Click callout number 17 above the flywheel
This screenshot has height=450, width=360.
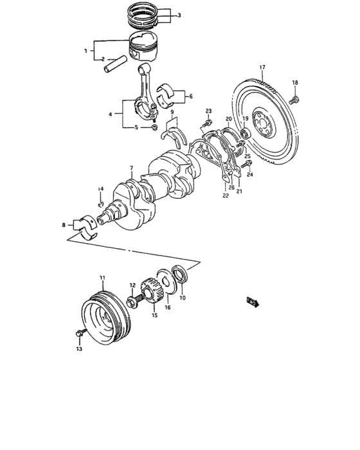(262, 67)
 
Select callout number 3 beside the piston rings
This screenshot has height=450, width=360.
(179, 15)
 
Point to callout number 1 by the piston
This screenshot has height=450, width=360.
(84, 50)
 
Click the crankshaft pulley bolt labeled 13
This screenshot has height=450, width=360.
(80, 334)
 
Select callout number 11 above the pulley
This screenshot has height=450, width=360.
(102, 278)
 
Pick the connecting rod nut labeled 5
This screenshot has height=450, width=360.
(155, 127)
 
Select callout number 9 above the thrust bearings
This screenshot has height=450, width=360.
(172, 113)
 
